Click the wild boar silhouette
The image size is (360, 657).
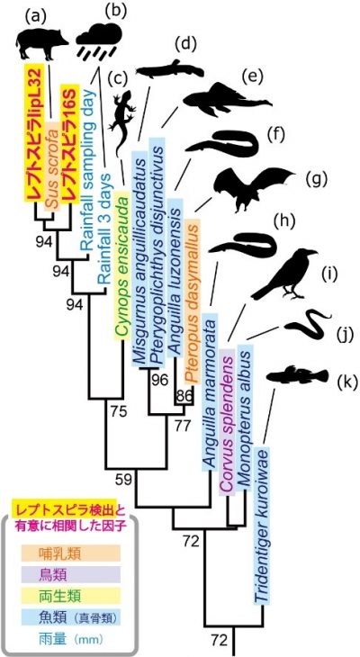[42, 43]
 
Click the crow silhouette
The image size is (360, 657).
[285, 274]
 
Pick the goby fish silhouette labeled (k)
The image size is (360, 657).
[299, 376]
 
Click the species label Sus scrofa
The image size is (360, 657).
[52, 165]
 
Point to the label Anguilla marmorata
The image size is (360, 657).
[210, 391]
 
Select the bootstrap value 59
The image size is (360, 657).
[124, 479]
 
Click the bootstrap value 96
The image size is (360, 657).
[159, 381]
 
